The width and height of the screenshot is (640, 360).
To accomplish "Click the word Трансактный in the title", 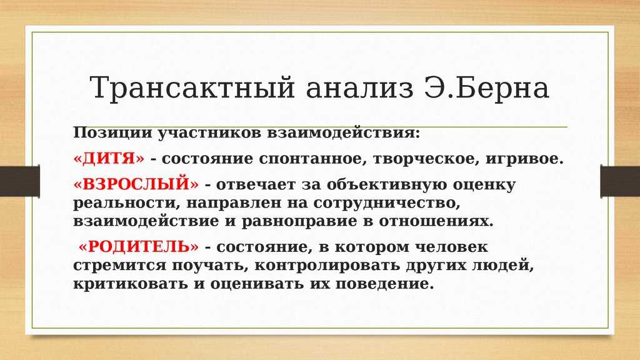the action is coord(192,87).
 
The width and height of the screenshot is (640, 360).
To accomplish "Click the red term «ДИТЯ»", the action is coord(109,159).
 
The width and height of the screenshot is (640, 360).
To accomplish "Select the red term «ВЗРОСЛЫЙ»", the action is coord(136,184).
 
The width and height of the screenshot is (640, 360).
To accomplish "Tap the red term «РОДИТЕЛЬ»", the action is coord(139,247).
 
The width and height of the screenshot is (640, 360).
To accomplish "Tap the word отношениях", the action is coord(436,221).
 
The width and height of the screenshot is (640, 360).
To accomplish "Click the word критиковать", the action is coord(131,284).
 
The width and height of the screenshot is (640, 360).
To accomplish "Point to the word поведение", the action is coord(384,284).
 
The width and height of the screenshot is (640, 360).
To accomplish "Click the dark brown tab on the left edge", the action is coord(20,181).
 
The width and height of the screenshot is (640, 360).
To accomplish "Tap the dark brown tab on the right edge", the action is coord(620,181).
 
